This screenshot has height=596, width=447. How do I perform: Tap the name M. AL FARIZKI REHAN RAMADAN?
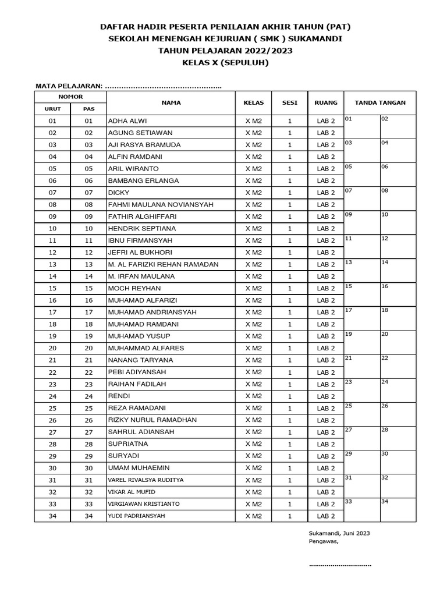(x=163, y=264)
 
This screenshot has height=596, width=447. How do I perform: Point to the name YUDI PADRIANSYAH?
(x=136, y=516)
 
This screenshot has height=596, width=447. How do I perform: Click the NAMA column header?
(x=171, y=102)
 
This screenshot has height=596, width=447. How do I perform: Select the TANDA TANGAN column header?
(x=380, y=102)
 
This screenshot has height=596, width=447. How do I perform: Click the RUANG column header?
(x=326, y=102)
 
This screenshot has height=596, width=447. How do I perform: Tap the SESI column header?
(x=290, y=102)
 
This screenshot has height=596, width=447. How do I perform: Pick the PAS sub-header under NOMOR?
(x=88, y=109)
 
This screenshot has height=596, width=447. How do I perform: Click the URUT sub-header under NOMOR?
(x=52, y=109)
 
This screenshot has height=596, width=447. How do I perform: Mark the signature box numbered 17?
(x=362, y=319)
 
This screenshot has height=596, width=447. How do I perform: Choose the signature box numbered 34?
(x=398, y=510)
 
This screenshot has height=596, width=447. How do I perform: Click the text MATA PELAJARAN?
(x=69, y=86)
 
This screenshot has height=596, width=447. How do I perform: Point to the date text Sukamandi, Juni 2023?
(x=339, y=533)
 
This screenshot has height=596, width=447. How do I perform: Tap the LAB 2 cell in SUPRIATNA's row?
(x=326, y=444)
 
